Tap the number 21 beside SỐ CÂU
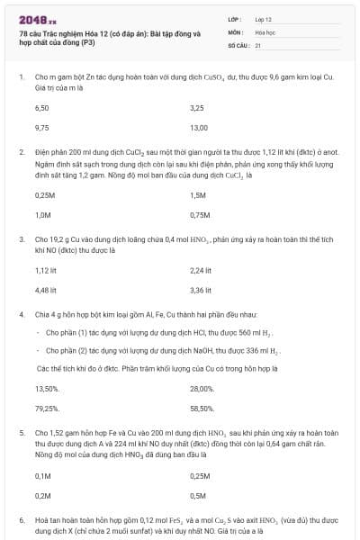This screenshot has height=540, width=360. pyautogui.click(x=258, y=44)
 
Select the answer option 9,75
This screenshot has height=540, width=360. pyautogui.click(x=41, y=128)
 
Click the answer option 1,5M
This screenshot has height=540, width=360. pyautogui.click(x=199, y=194)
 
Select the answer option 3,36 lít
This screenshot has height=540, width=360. pyautogui.click(x=202, y=291)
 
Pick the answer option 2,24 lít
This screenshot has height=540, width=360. pyautogui.click(x=202, y=270)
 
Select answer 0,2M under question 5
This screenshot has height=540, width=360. pyautogui.click(x=42, y=495)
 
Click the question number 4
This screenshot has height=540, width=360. pyautogui.click(x=22, y=315)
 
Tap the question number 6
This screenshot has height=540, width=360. pyautogui.click(x=22, y=520)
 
